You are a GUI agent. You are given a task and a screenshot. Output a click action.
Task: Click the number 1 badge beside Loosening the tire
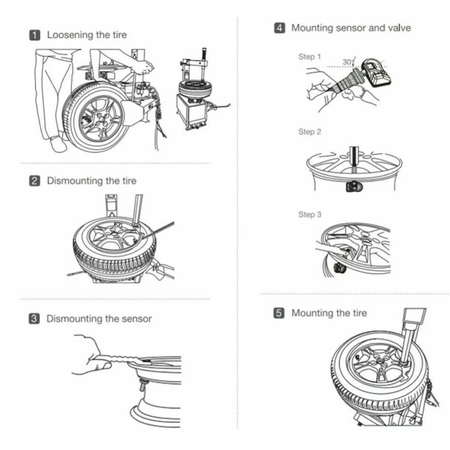coord(35,35)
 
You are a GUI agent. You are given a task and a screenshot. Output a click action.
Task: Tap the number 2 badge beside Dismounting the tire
coord(35,181)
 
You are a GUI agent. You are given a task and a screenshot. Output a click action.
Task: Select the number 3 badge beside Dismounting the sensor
coord(35,319)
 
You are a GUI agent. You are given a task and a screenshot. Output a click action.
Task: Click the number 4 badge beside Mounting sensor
coord(279,28)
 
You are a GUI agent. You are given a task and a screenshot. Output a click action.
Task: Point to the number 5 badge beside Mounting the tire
coord(279,313)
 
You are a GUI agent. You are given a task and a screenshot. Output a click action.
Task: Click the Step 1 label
coord(310,57)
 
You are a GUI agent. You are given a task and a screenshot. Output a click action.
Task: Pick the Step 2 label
coord(310,132)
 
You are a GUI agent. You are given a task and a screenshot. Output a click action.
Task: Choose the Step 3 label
coord(310,215)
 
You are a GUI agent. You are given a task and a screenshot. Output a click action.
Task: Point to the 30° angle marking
coord(348,62)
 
